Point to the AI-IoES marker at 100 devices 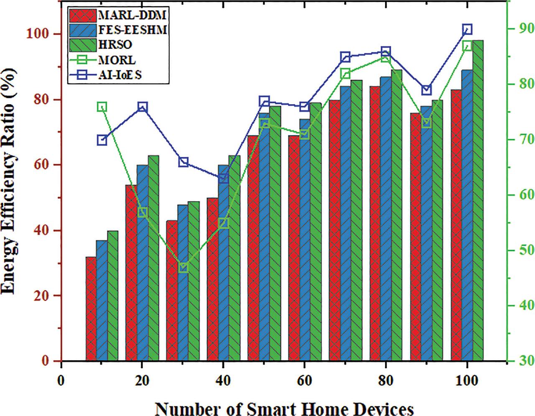[x=467, y=29]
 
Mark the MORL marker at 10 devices [x=102, y=107]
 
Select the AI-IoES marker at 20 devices [x=143, y=107]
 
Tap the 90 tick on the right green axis [x=519, y=28]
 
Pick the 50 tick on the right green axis [x=519, y=250]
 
